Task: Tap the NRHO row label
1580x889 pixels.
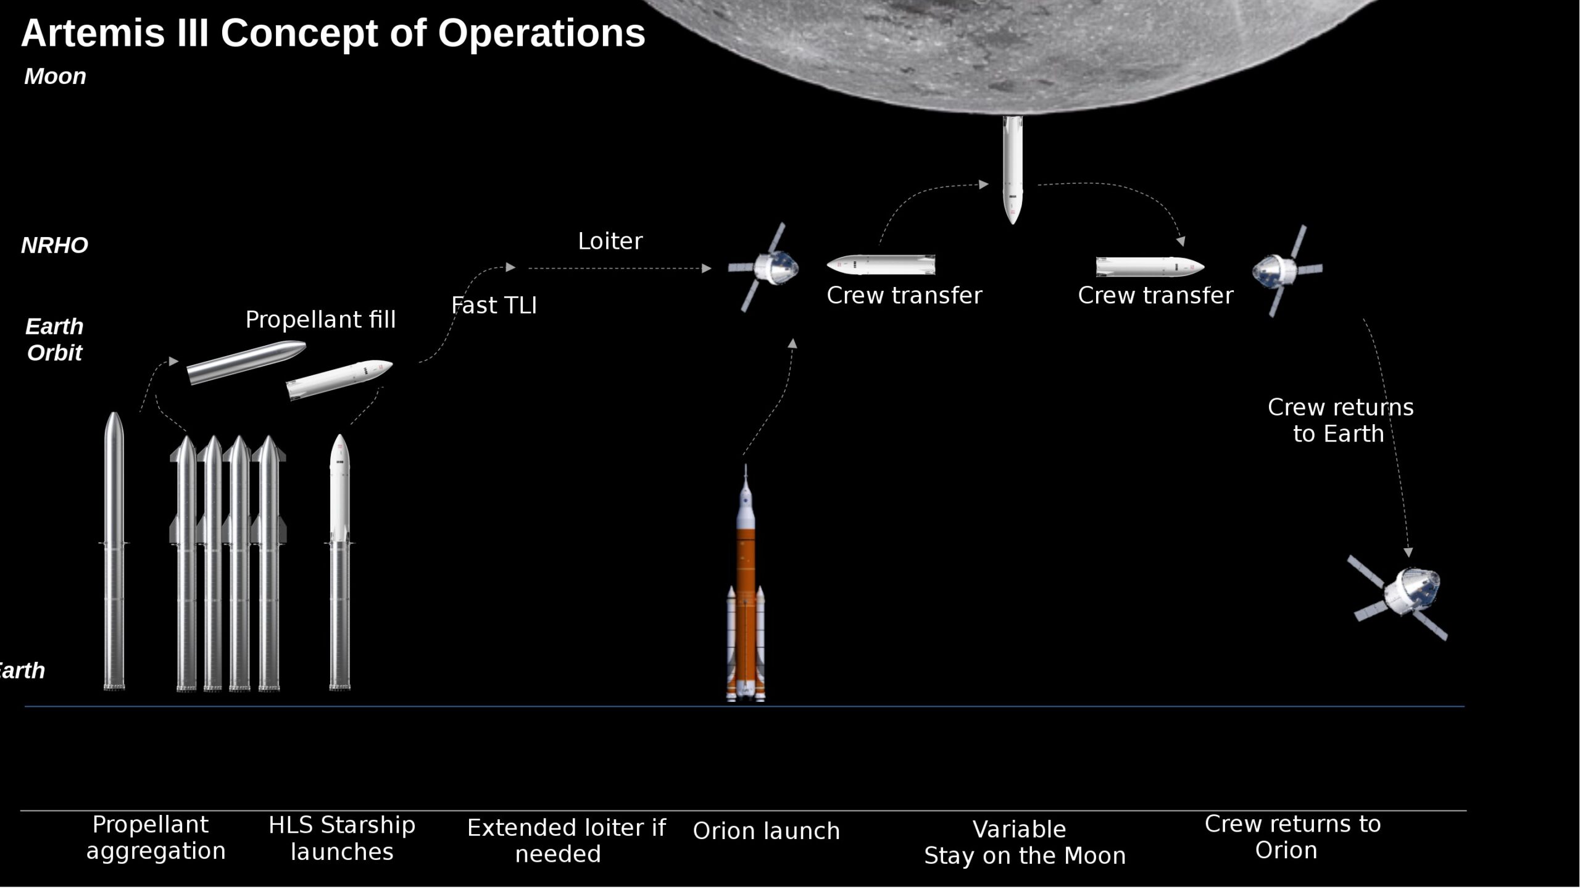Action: [x=55, y=246]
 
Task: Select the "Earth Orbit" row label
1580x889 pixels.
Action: [x=54, y=340]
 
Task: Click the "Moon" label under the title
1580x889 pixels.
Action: [x=55, y=77]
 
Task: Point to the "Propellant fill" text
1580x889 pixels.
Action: [x=320, y=320]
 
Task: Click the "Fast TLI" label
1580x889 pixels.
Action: [x=494, y=306]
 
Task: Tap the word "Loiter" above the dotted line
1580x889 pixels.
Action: [x=610, y=241]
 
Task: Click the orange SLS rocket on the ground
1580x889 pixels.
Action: [x=746, y=593]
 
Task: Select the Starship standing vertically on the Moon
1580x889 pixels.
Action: [x=1012, y=170]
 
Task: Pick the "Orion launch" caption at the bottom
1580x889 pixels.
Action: [x=767, y=831]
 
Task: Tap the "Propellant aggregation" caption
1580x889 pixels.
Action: [x=156, y=838]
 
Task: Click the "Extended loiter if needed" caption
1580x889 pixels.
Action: [x=566, y=840]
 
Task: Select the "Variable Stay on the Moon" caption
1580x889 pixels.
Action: [x=1025, y=842]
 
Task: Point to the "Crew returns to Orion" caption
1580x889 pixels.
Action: [x=1292, y=837]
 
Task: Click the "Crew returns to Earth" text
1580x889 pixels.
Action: [x=1340, y=420]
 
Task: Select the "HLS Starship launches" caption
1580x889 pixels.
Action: [x=342, y=838]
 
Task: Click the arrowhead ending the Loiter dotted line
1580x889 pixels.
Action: [x=707, y=269]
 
